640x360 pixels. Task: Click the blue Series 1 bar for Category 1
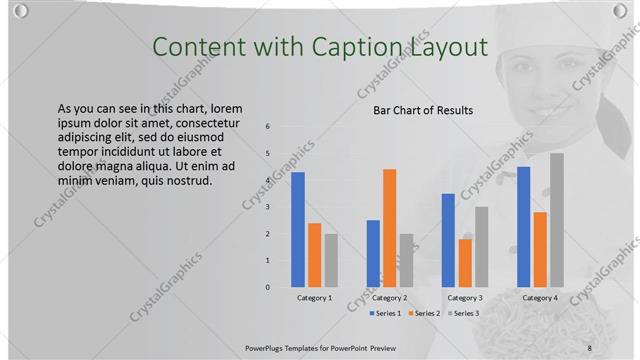click(297, 230)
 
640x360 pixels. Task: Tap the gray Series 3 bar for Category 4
click(556, 220)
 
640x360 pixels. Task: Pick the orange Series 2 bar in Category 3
click(464, 263)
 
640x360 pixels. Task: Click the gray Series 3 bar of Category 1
click(330, 260)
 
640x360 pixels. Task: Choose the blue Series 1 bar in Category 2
click(373, 253)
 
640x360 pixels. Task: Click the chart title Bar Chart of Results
click(423, 110)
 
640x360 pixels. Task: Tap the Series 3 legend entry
click(462, 314)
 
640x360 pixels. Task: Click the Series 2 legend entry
click(423, 314)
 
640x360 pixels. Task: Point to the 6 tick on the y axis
click(267, 126)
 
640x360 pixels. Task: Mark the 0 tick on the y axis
click(267, 287)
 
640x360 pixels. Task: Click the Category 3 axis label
click(464, 298)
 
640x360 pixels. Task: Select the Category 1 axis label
click(314, 298)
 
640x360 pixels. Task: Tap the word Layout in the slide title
click(451, 47)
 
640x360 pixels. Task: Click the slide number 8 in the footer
click(590, 347)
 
